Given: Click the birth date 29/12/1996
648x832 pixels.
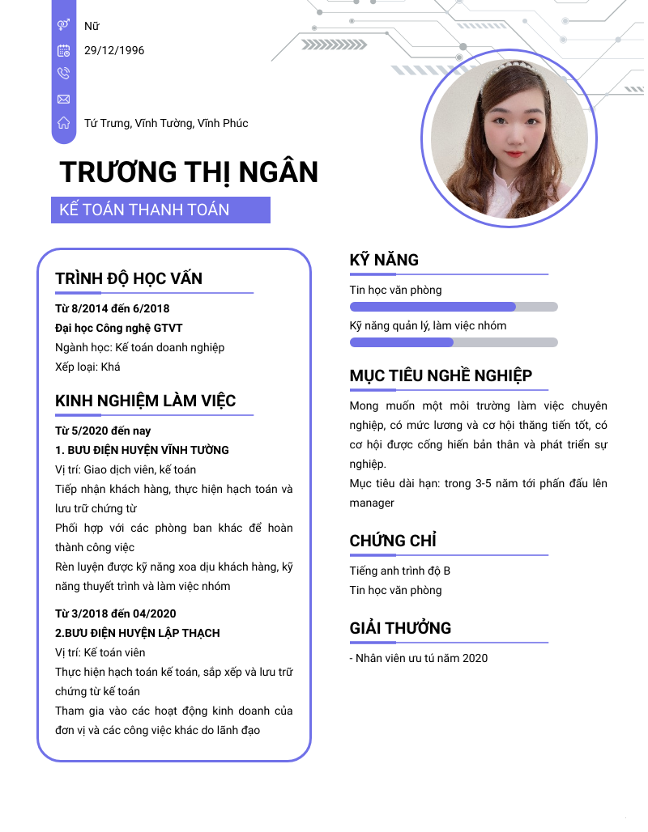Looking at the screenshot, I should [114, 50].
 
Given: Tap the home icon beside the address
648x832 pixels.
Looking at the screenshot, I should [64, 123].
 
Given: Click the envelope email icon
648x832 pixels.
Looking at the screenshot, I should [64, 99].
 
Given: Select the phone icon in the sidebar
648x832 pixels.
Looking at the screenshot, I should [64, 74].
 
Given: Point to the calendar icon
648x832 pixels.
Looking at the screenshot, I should [64, 50].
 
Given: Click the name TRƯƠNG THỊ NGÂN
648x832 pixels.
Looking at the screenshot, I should [189, 172].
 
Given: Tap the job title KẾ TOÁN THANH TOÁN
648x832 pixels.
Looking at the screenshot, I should [145, 210].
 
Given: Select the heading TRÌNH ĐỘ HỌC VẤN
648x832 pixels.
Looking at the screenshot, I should [129, 279].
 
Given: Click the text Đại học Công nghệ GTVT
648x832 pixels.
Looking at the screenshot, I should [118, 328].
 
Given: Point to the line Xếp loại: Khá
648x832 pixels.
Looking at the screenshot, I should [87, 367].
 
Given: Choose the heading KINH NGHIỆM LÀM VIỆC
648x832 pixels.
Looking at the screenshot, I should [146, 401].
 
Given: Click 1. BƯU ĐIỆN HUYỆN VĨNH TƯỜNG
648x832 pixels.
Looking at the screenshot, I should [142, 450].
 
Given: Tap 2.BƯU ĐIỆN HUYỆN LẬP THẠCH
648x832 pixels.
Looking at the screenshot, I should [138, 633].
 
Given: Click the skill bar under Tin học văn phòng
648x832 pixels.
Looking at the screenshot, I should [454, 307].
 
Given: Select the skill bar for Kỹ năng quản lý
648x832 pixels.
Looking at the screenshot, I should [454, 342].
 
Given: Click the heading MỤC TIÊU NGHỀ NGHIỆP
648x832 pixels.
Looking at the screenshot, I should [441, 376].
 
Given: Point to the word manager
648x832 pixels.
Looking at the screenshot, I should [372, 503].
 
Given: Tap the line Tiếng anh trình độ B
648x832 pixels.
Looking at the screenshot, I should [400, 571].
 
